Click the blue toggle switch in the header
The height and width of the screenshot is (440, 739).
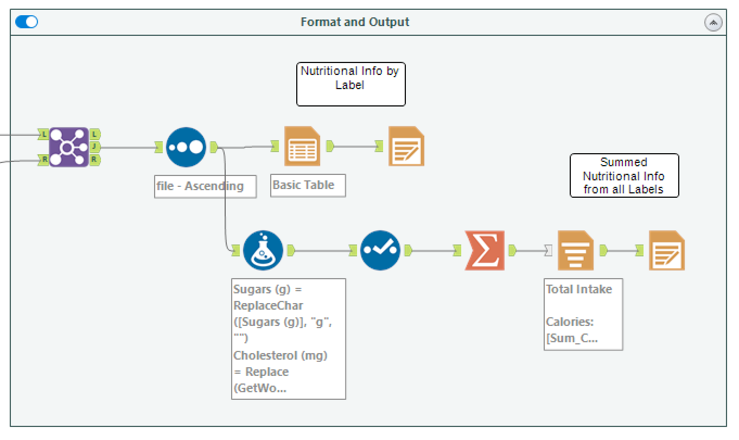click(x=27, y=22)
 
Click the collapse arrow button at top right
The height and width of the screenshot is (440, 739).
click(x=713, y=22)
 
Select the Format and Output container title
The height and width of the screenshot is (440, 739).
click(x=355, y=22)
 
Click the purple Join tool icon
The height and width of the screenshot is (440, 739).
click(x=69, y=147)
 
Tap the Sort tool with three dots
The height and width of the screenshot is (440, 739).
click(x=186, y=147)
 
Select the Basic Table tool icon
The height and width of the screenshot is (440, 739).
click(x=302, y=146)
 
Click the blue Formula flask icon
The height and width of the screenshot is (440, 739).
click(x=263, y=250)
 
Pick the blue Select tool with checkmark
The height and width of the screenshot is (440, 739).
click(x=380, y=250)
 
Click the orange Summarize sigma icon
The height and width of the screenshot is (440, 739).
click(x=485, y=250)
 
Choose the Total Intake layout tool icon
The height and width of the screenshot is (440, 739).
click(x=576, y=250)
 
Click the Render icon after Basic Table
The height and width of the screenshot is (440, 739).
click(x=406, y=146)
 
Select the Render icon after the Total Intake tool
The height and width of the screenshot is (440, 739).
click(x=667, y=250)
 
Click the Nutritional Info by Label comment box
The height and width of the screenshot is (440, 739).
click(x=351, y=84)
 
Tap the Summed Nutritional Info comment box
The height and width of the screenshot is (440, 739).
click(x=624, y=175)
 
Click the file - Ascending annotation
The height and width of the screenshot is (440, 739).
click(x=200, y=186)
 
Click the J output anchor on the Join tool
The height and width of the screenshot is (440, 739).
click(x=94, y=147)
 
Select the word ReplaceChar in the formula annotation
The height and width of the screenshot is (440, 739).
click(x=268, y=305)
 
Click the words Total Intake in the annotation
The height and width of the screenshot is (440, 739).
click(x=578, y=289)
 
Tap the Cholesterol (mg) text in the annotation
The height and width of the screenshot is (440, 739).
click(x=281, y=355)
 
